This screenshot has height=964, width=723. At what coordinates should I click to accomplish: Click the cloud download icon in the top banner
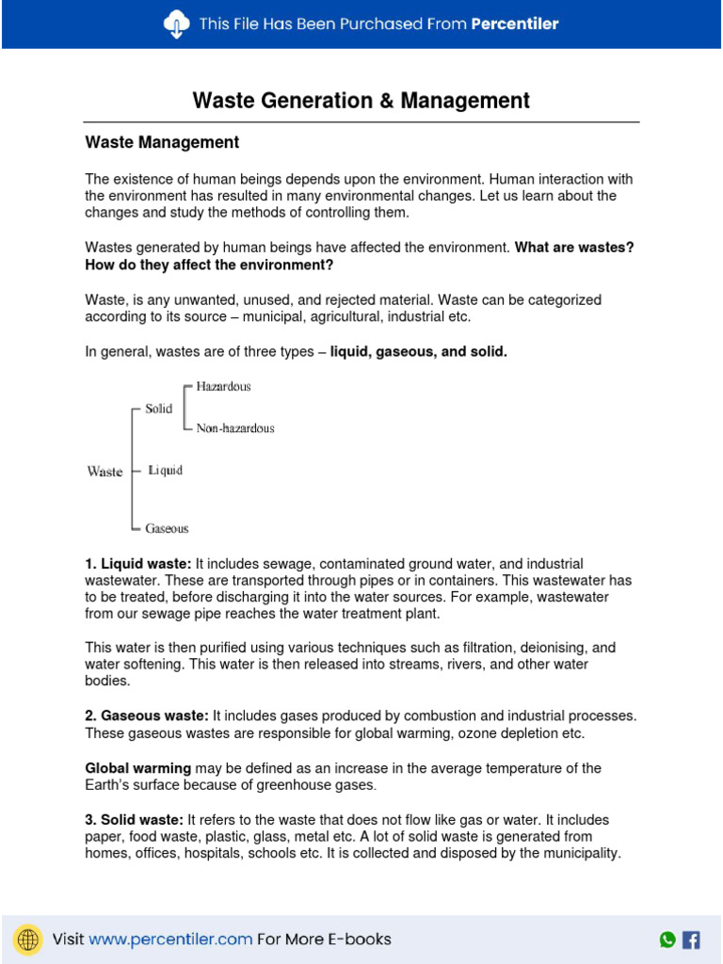click(176, 24)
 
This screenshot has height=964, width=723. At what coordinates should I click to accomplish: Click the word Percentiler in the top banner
click(515, 24)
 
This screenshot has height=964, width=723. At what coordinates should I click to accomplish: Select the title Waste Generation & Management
click(361, 101)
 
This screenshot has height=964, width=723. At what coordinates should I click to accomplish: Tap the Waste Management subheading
click(162, 143)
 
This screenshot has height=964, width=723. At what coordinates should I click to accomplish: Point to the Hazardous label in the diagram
click(223, 387)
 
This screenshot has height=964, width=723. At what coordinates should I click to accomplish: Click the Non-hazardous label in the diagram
click(235, 428)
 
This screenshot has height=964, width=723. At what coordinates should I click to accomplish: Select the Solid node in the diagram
click(159, 410)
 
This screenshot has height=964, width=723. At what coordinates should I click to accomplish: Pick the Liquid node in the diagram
click(166, 471)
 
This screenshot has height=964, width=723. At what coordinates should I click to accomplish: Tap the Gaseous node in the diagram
click(167, 529)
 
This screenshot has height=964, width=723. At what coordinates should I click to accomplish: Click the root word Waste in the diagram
click(104, 472)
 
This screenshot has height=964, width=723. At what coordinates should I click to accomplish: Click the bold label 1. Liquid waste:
click(138, 564)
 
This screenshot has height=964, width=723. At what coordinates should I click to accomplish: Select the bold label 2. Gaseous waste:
click(147, 716)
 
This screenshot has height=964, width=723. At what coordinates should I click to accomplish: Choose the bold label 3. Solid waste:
click(135, 820)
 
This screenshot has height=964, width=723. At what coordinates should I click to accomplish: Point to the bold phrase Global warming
click(138, 768)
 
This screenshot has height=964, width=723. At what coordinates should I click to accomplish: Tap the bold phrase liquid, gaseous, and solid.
click(419, 351)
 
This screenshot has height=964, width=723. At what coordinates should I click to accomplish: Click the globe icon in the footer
click(29, 939)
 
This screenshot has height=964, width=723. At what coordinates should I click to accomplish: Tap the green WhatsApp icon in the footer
click(667, 939)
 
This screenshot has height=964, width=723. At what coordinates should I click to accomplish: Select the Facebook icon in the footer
click(691, 939)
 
